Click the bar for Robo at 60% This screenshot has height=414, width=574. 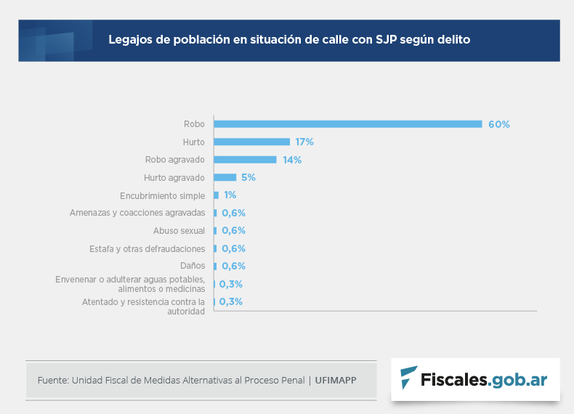tap(347, 124)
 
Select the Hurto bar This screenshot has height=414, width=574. tap(251, 142)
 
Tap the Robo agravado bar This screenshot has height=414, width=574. tap(245, 160)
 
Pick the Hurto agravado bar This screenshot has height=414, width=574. tap(225, 177)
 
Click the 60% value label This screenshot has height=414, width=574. tap(499, 124)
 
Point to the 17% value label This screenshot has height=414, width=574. tap(304, 142)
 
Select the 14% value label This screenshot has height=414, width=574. tap(292, 160)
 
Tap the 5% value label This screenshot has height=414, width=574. tap(248, 177)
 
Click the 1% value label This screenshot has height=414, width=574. tap(230, 195)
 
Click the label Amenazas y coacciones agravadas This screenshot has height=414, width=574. tap(137, 213)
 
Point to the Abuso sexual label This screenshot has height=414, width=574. tap(179, 231)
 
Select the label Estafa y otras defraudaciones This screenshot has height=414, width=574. tap(147, 249)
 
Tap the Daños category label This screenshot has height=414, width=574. tap(193, 267)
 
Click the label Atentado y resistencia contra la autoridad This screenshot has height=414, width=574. tap(143, 306)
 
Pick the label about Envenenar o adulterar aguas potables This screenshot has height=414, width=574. tap(130, 284)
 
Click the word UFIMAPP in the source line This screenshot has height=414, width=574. tap(336, 380)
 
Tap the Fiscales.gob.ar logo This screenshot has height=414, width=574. tap(475, 379)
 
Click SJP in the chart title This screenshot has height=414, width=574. tap(387, 39)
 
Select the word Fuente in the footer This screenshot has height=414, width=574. tap(52, 380)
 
